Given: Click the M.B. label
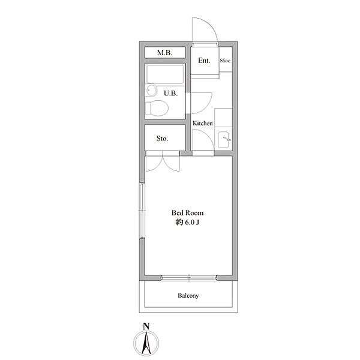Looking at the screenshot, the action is [164, 53].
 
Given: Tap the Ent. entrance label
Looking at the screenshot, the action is [204, 61].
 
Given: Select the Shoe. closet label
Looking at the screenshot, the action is [226, 61].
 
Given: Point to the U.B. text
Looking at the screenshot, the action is [170, 93].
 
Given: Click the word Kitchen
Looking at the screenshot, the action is [203, 123].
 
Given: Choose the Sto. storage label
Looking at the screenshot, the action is [162, 138].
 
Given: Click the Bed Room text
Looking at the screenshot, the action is [187, 213].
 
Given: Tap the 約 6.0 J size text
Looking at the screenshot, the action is [187, 223].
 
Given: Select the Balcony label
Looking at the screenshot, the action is [188, 295].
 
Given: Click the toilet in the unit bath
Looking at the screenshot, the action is [157, 108].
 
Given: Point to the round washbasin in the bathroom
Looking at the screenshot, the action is [151, 90].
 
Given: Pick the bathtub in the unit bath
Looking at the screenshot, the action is [165, 74].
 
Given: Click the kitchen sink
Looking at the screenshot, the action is [223, 140].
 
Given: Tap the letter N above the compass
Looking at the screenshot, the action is [146, 326].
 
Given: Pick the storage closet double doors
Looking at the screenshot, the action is [163, 163].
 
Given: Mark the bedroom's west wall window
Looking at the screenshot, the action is [142, 211].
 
